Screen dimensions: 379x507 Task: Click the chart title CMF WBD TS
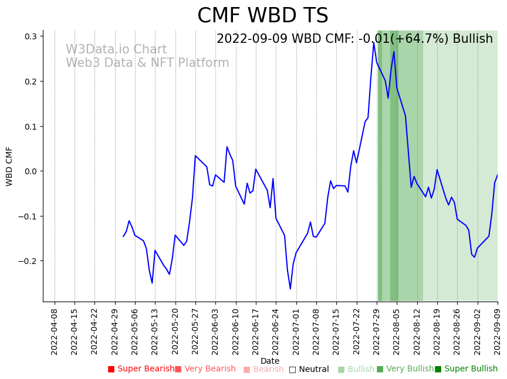(262, 16)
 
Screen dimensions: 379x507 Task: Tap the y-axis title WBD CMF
(9, 166)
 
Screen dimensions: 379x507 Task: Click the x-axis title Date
(270, 361)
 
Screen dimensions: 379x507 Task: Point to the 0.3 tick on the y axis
(30, 36)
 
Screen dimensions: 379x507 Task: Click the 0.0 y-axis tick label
(30, 171)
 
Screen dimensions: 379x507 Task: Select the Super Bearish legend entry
(141, 369)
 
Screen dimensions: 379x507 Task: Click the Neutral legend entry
(309, 370)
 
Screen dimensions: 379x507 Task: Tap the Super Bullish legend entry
(466, 369)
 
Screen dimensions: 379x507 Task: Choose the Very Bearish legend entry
(205, 369)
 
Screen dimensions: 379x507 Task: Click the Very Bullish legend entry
(405, 369)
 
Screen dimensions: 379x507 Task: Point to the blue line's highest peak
(373, 42)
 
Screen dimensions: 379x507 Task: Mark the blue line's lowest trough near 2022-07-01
(290, 289)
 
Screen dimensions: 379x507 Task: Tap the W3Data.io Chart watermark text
(116, 50)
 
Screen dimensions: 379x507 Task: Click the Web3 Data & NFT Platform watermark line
(147, 63)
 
